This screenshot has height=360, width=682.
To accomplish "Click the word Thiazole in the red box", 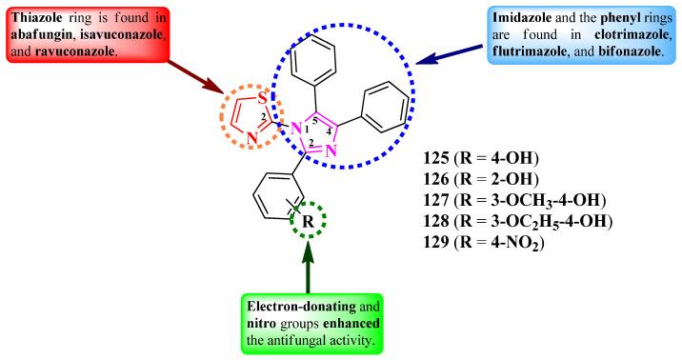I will coord(34,16).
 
